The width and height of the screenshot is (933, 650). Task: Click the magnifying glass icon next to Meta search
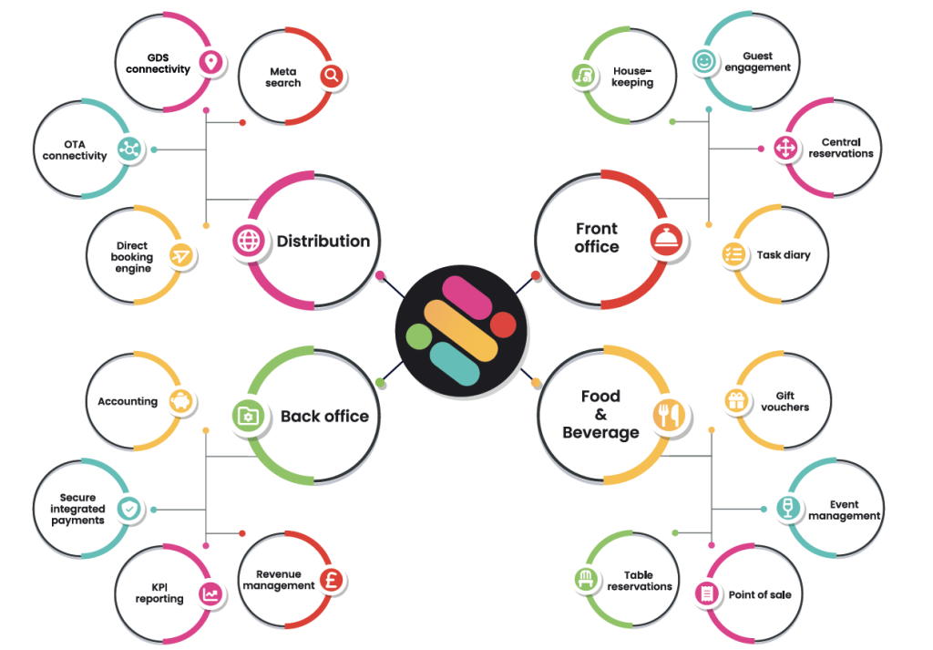click(332, 76)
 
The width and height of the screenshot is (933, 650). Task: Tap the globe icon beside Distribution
click(249, 241)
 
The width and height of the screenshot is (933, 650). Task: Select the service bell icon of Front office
click(666, 240)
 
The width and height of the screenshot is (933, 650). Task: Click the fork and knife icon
click(669, 414)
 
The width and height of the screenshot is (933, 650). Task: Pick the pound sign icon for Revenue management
click(332, 580)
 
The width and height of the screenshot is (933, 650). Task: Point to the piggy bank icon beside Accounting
click(181, 401)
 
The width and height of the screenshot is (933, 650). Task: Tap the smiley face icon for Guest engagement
click(704, 61)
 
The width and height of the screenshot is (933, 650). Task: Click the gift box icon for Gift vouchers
click(736, 400)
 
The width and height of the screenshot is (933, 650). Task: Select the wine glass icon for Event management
click(788, 508)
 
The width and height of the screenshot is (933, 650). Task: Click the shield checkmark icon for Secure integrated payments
click(128, 509)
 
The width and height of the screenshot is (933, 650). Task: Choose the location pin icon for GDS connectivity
click(210, 63)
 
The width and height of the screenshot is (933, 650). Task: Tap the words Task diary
click(784, 254)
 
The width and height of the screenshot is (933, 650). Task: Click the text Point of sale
click(760, 594)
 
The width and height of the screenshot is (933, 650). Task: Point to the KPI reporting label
click(159, 593)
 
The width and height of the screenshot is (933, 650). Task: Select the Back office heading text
click(324, 416)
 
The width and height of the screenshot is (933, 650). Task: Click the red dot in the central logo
click(503, 325)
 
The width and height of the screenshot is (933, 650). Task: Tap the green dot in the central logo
click(419, 336)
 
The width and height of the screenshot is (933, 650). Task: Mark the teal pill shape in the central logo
click(455, 364)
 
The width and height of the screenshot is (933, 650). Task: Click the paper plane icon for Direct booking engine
click(181, 256)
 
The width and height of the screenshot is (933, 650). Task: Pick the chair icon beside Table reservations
click(586, 579)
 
